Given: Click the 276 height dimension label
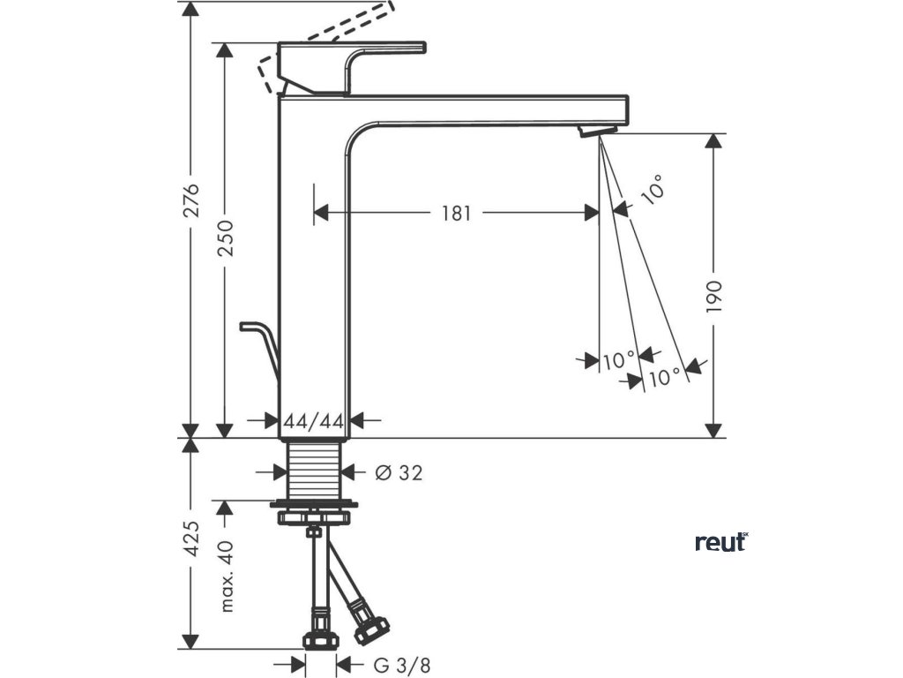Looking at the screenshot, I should coord(195,200).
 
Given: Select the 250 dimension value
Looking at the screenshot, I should coord(227,237).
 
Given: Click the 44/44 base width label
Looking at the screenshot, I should coord(314,422).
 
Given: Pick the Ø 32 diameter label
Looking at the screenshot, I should coord(398,473).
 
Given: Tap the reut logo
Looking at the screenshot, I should coord(720,542).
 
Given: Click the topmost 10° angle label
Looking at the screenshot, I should coord(653,191).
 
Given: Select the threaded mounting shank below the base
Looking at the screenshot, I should coord(315,472).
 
